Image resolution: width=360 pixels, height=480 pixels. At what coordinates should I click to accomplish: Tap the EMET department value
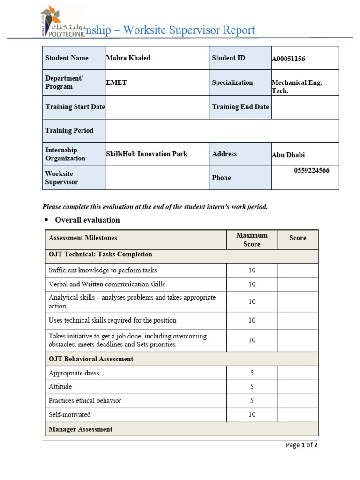pos(116,82)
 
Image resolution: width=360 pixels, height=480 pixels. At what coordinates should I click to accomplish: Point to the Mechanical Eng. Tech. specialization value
pos(297,86)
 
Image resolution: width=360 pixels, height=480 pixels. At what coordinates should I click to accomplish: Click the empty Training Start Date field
pos(157,107)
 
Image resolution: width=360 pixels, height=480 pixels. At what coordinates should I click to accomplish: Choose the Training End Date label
pos(240,107)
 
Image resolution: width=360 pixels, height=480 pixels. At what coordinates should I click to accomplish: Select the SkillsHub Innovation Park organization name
pos(147,154)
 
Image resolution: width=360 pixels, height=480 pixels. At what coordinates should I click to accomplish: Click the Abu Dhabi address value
pos(288,155)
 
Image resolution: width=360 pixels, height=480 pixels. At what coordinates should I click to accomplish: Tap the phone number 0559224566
pos(312,171)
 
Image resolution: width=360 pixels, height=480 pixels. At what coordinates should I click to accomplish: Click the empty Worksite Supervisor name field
pos(157,178)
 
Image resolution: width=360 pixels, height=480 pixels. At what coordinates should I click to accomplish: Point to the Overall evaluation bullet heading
pos(87,220)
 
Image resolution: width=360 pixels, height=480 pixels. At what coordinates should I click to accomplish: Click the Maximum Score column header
pos(252,240)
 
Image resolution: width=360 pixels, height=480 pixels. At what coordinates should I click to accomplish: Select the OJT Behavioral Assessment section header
pos(91,359)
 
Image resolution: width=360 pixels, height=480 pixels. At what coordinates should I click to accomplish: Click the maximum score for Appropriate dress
pos(252,373)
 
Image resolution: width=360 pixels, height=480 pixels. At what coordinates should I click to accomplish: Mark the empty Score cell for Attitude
pos(298,387)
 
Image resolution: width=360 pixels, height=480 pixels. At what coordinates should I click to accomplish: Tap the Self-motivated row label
pos(70,414)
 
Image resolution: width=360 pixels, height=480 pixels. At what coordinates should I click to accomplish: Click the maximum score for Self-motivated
pos(252,414)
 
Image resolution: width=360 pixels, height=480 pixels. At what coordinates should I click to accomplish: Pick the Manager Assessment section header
pos(81,429)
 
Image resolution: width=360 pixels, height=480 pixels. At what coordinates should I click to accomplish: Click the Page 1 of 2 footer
pos(301,445)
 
